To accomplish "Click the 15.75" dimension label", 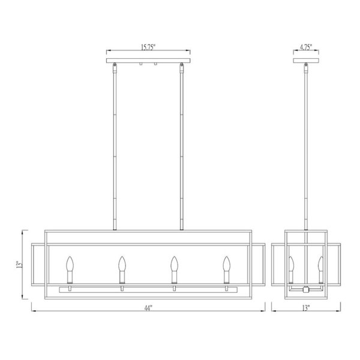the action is point(148,47).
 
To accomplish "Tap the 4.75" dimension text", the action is point(306,47).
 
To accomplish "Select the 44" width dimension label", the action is point(148,308).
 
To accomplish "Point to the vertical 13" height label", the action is point(20,264).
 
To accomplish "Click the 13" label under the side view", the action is point(306,308).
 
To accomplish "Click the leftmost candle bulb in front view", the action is point(70,264).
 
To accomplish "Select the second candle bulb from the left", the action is point(122,264).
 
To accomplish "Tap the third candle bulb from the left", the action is point(174,264).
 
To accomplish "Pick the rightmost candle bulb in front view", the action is point(227,264).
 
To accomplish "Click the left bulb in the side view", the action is point(292,264).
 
